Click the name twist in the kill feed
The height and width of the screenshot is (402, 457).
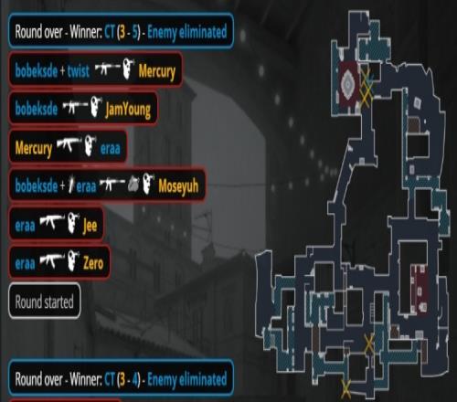(79, 71)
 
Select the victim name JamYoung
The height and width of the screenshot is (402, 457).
(128, 110)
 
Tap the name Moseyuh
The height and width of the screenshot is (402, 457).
(178, 185)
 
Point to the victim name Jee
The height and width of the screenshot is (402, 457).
(90, 226)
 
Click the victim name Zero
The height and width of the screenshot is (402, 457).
(93, 263)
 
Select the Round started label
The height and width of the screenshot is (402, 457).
(45, 301)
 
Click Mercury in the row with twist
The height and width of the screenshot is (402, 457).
(157, 72)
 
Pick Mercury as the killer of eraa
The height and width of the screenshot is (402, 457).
(34, 149)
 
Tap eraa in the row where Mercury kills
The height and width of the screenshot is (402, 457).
(111, 149)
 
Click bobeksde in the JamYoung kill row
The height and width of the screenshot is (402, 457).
(37, 109)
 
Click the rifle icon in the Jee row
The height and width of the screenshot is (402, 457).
(52, 221)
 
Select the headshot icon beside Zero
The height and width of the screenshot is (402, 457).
(73, 260)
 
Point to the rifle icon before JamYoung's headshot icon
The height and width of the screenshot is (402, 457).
(75, 106)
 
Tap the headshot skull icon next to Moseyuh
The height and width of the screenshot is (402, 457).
(148, 183)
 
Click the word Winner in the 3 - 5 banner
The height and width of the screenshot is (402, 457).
(86, 31)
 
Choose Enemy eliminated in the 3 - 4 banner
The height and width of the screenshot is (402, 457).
(187, 380)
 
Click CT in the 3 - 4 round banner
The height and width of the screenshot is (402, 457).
(110, 379)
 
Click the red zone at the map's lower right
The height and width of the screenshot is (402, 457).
(420, 289)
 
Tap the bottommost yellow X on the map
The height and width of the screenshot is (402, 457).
(345, 389)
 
